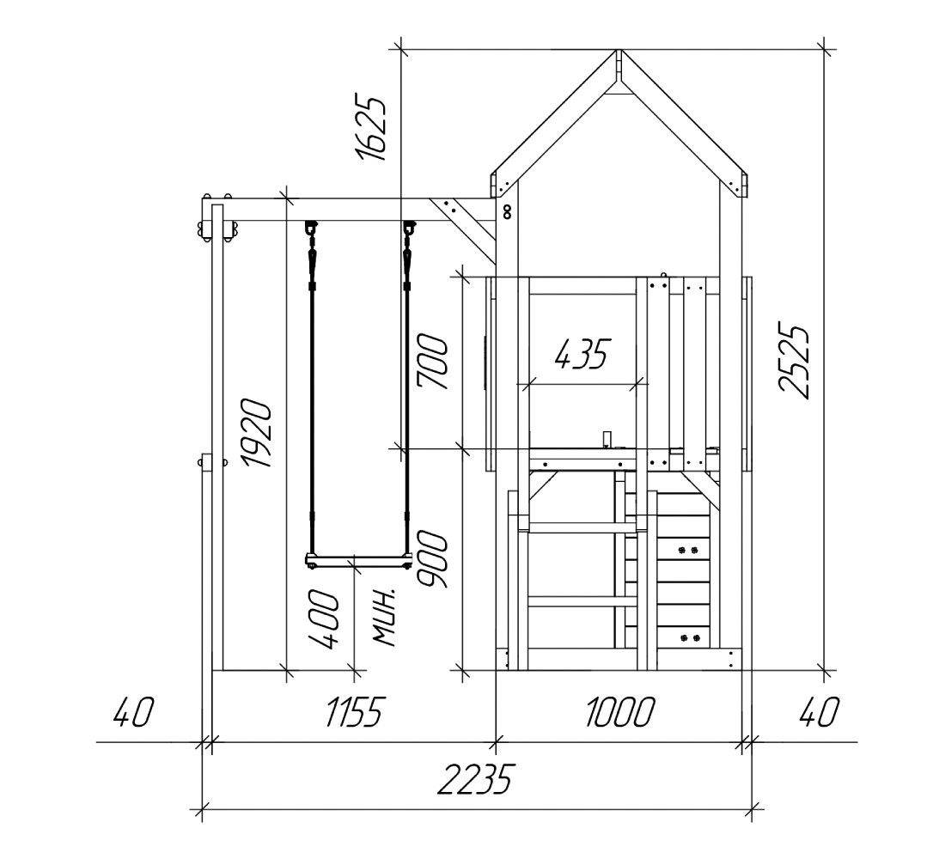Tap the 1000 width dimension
[x=620, y=711]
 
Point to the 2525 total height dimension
[x=793, y=362]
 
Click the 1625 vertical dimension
[x=370, y=126]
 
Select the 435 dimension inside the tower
[x=582, y=355]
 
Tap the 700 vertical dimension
[x=432, y=362]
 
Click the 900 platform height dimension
[x=432, y=560]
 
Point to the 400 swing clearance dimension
[x=324, y=618]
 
